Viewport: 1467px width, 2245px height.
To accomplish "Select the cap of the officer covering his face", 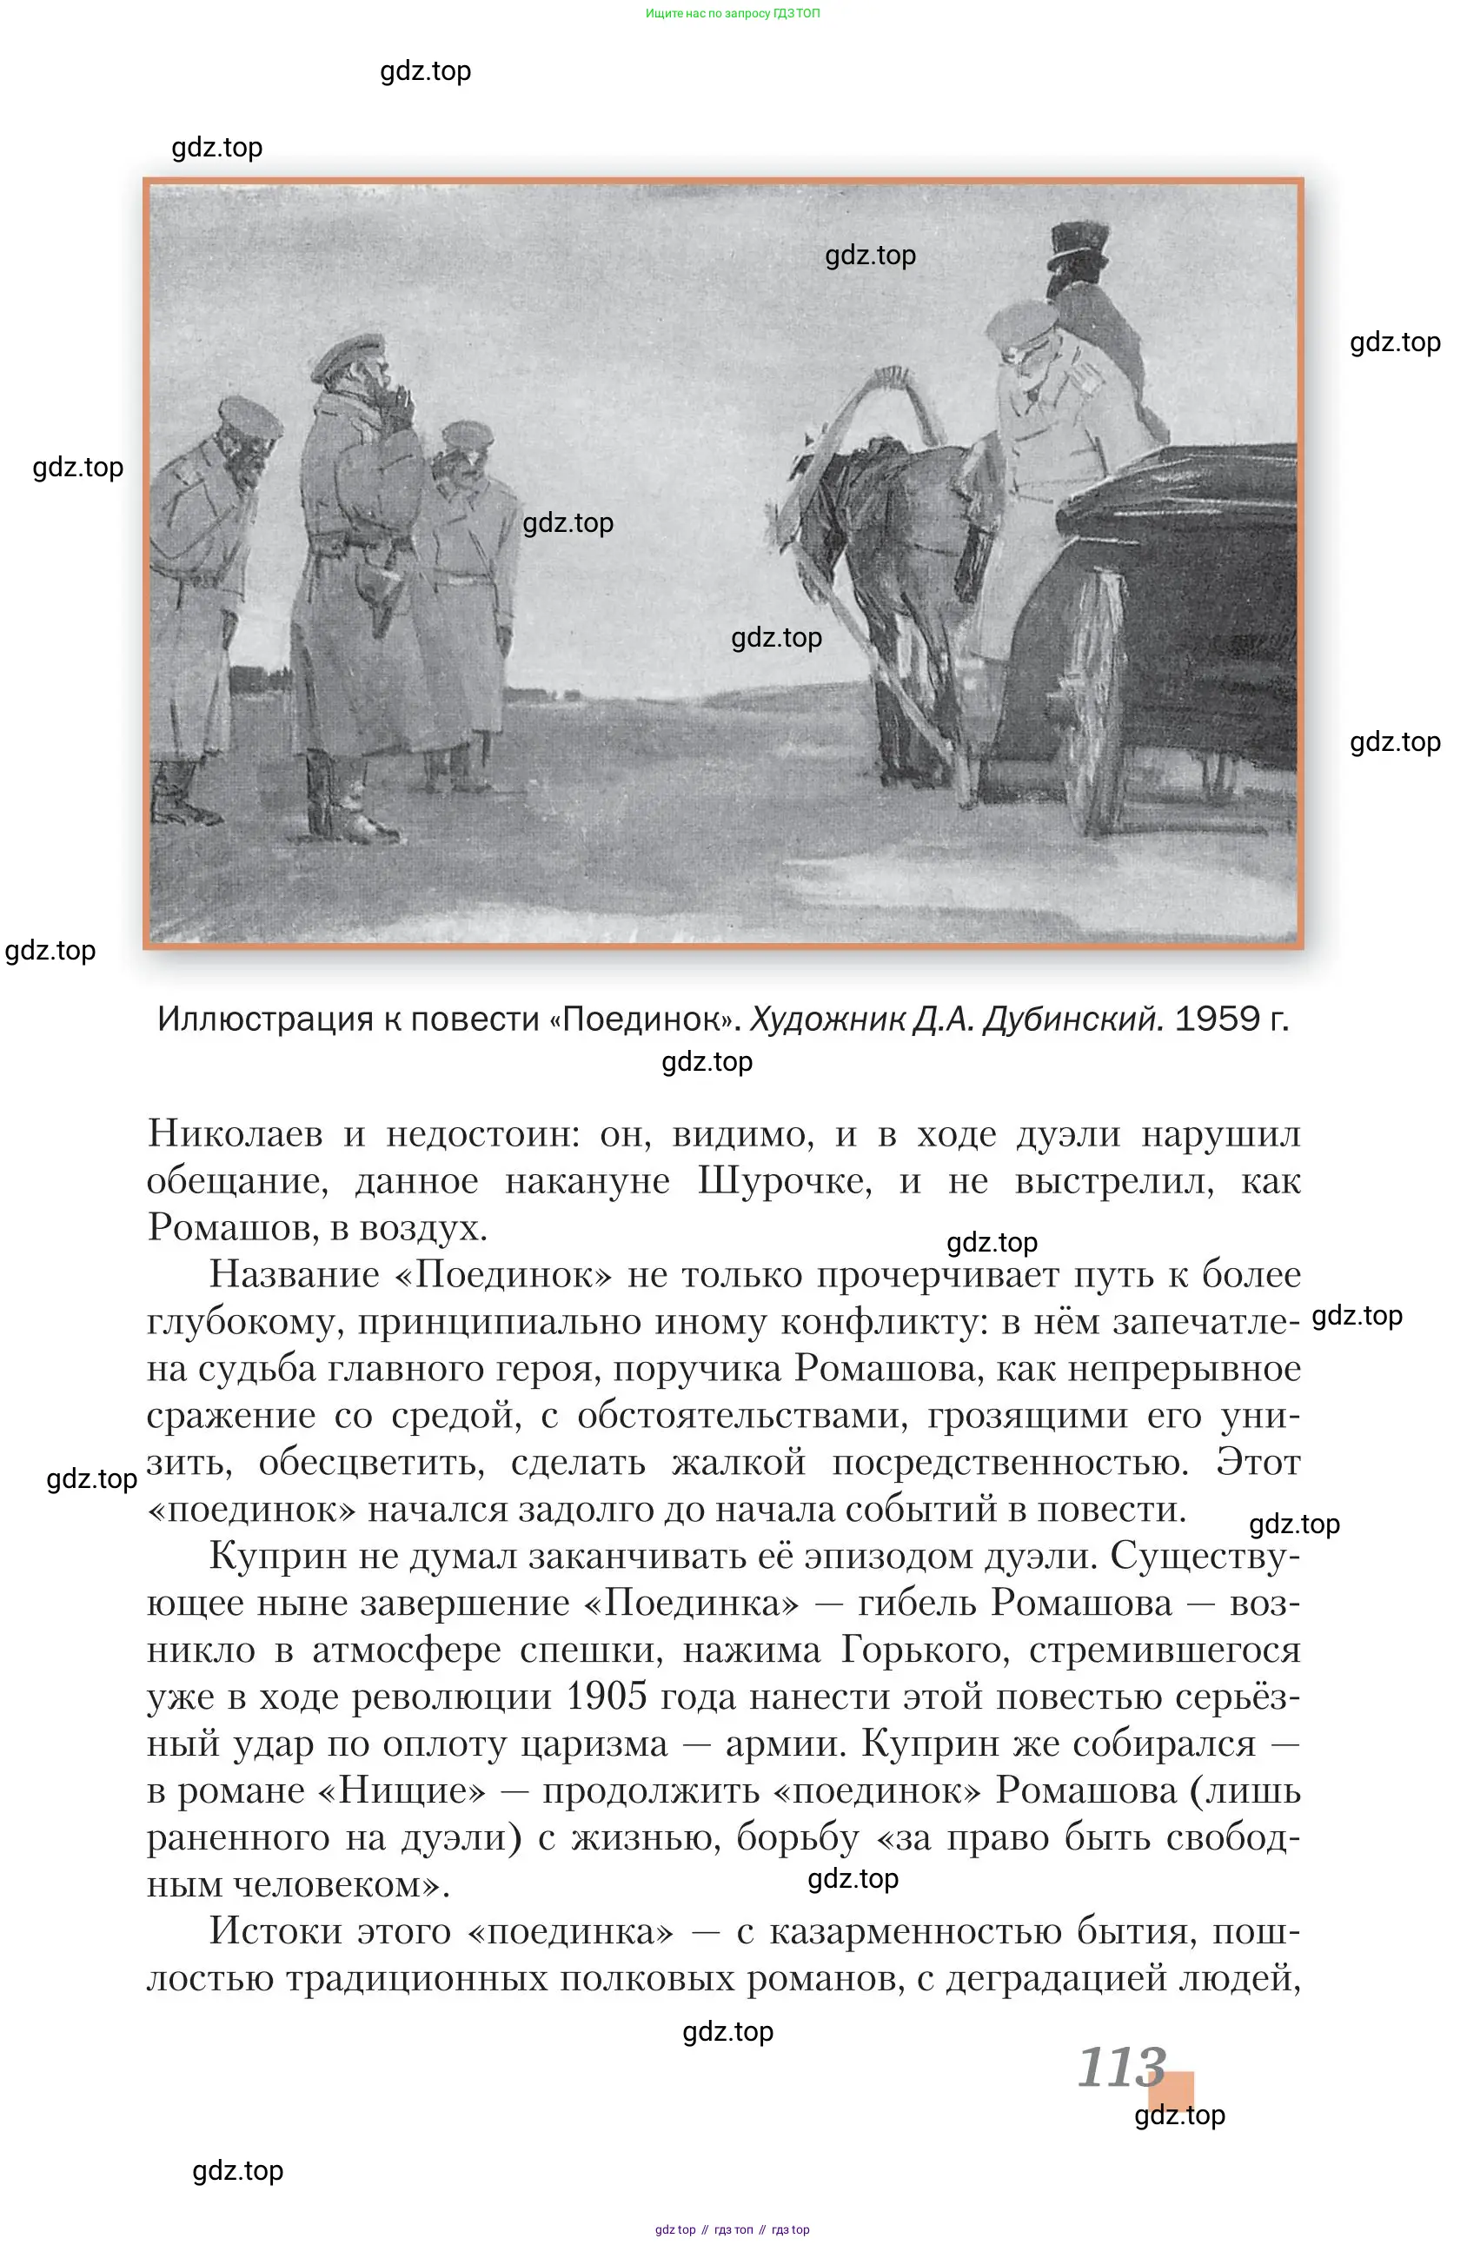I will pos(349,354).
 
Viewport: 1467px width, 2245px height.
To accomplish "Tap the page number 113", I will pos(1122,2068).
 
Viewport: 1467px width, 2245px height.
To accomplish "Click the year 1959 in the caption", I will pos(1217,1019).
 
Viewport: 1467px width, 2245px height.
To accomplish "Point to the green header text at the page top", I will pos(732,13).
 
